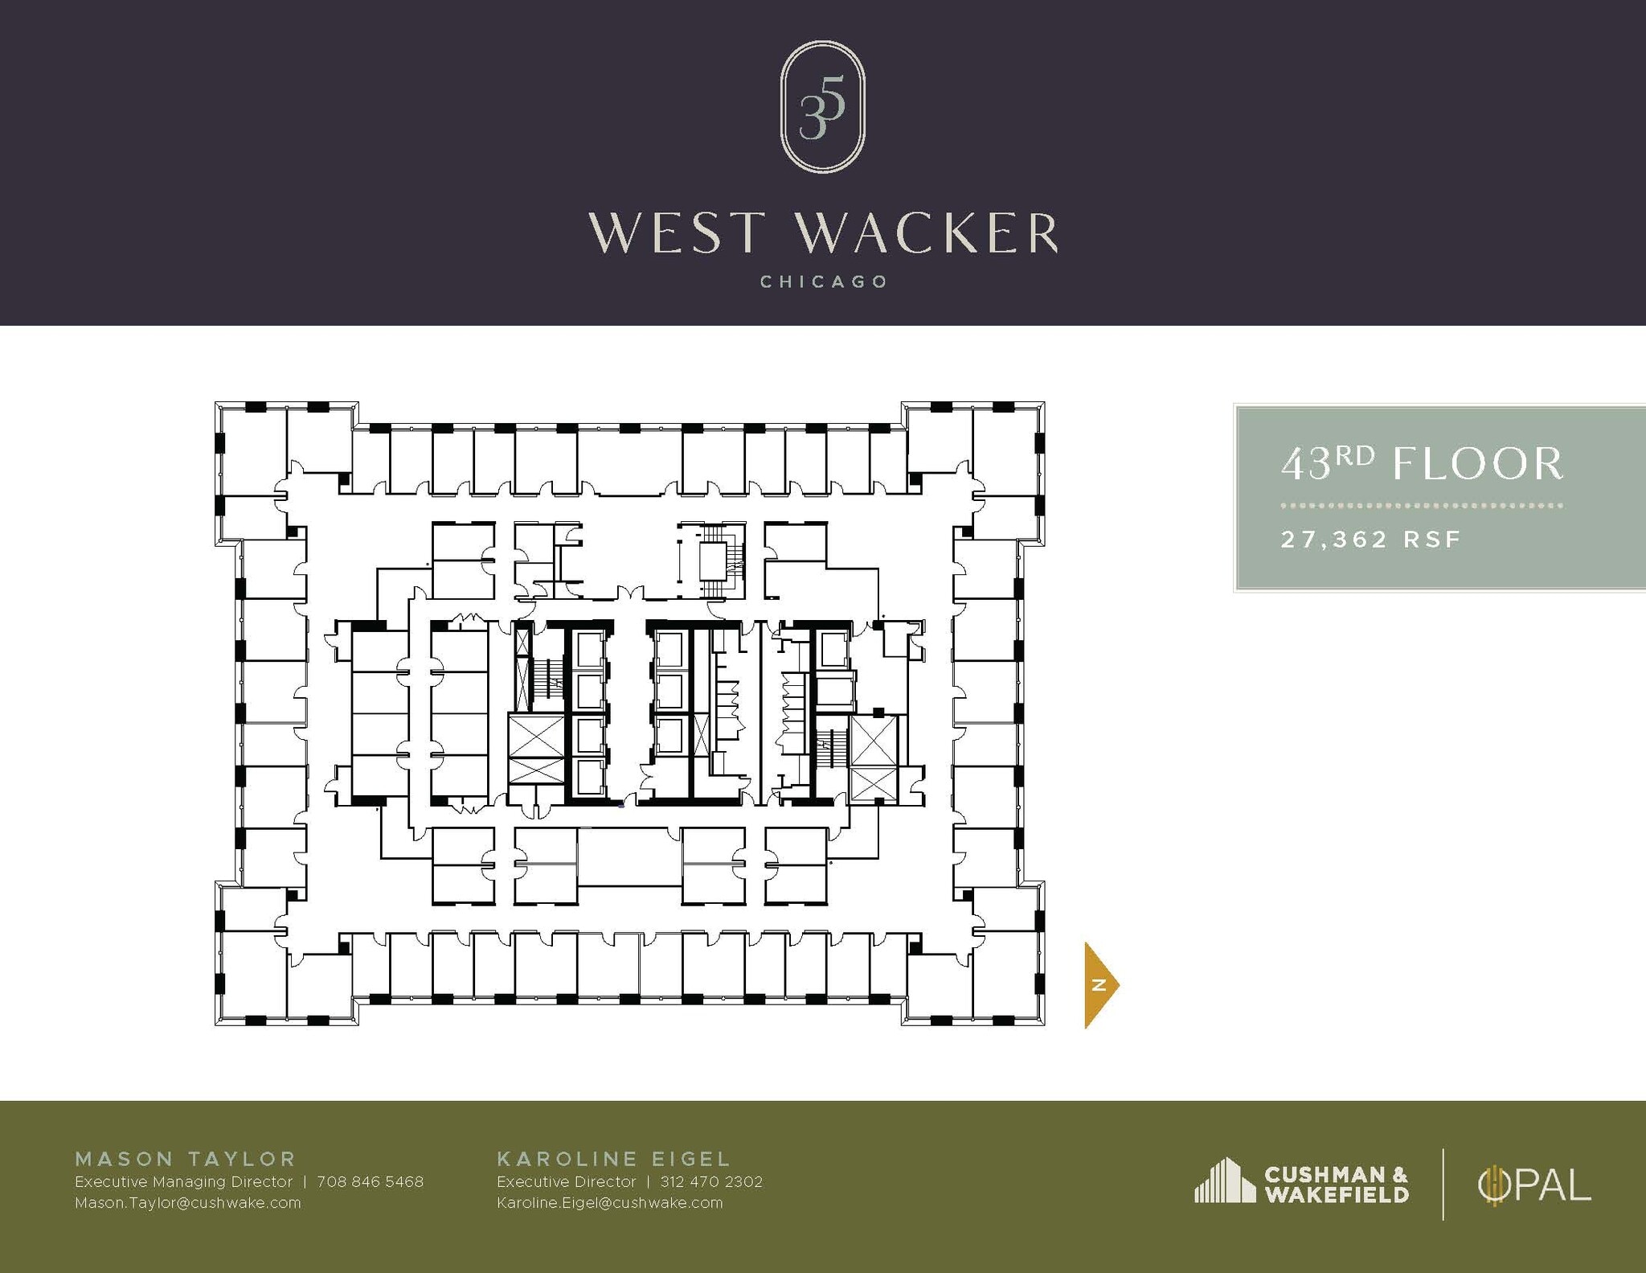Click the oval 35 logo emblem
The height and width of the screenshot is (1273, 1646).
coord(822,107)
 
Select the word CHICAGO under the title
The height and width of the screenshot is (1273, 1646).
coord(824,282)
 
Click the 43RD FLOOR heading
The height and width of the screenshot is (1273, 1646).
coord(1422,464)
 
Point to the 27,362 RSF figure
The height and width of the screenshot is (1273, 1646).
coord(1370,539)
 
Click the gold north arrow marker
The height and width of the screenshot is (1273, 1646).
coord(1100,985)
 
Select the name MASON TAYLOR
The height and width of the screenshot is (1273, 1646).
coord(186,1159)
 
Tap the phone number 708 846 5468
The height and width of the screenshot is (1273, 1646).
coord(370,1182)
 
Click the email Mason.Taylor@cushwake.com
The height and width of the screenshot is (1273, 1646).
coord(187,1203)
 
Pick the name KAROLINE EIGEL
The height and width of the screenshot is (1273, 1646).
coord(614,1159)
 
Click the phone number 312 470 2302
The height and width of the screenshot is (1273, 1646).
coord(711,1182)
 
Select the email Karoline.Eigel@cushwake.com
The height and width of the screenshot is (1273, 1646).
coord(609,1203)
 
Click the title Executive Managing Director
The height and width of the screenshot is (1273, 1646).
coord(183,1182)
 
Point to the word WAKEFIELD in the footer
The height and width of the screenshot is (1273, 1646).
coord(1336,1195)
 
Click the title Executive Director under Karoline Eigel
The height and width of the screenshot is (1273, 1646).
coord(566,1182)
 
